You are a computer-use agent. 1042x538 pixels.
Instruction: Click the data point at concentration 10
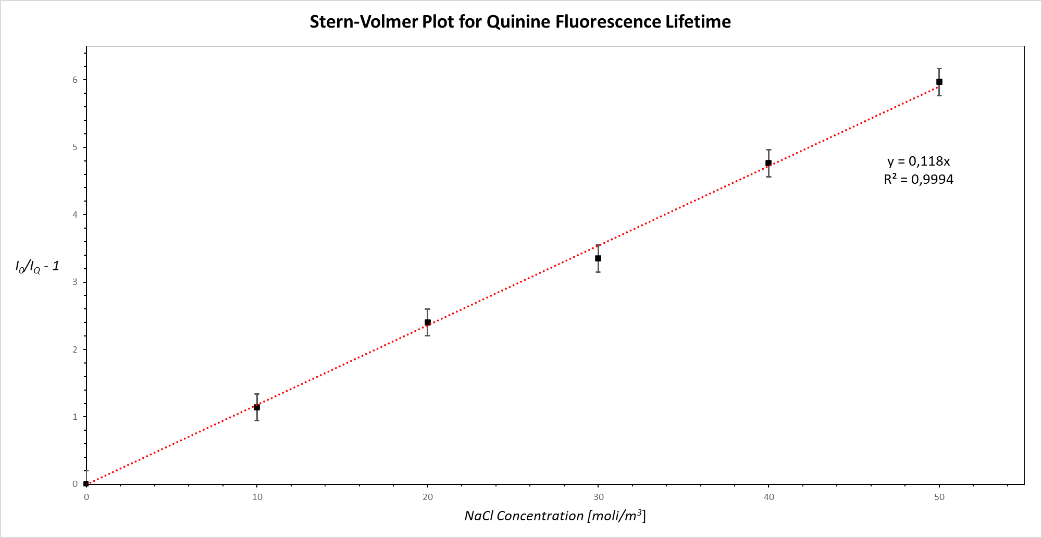pyautogui.click(x=257, y=407)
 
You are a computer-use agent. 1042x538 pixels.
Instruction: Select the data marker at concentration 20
pyautogui.click(x=428, y=322)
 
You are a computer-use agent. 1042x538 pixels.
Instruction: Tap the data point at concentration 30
pyautogui.click(x=598, y=258)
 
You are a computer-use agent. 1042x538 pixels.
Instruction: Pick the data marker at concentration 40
pyautogui.click(x=768, y=163)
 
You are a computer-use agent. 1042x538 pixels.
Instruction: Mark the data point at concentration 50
pyautogui.click(x=939, y=82)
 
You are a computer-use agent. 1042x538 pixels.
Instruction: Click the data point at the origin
pyautogui.click(x=86, y=484)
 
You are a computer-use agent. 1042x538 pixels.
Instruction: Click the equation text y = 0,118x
pyautogui.click(x=919, y=161)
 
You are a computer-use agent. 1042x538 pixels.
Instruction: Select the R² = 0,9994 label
pyautogui.click(x=919, y=180)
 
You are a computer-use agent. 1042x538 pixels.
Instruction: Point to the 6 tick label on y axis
pyautogui.click(x=75, y=80)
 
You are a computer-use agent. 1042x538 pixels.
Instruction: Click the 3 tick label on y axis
pyautogui.click(x=75, y=282)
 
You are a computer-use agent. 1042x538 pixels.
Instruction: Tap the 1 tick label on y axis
pyautogui.click(x=75, y=417)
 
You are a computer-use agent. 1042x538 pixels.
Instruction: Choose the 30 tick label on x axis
pyautogui.click(x=599, y=497)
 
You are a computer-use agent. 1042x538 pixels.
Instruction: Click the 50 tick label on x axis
pyautogui.click(x=939, y=497)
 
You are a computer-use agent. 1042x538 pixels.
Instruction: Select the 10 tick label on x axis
pyautogui.click(x=257, y=497)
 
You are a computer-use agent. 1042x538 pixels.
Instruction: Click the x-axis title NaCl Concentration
pyautogui.click(x=524, y=516)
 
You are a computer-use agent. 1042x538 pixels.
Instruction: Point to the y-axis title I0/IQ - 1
pyautogui.click(x=37, y=267)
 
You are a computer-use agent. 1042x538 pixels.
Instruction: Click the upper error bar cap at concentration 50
pyautogui.click(x=939, y=68)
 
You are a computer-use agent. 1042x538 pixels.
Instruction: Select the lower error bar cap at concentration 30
pyautogui.click(x=598, y=272)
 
